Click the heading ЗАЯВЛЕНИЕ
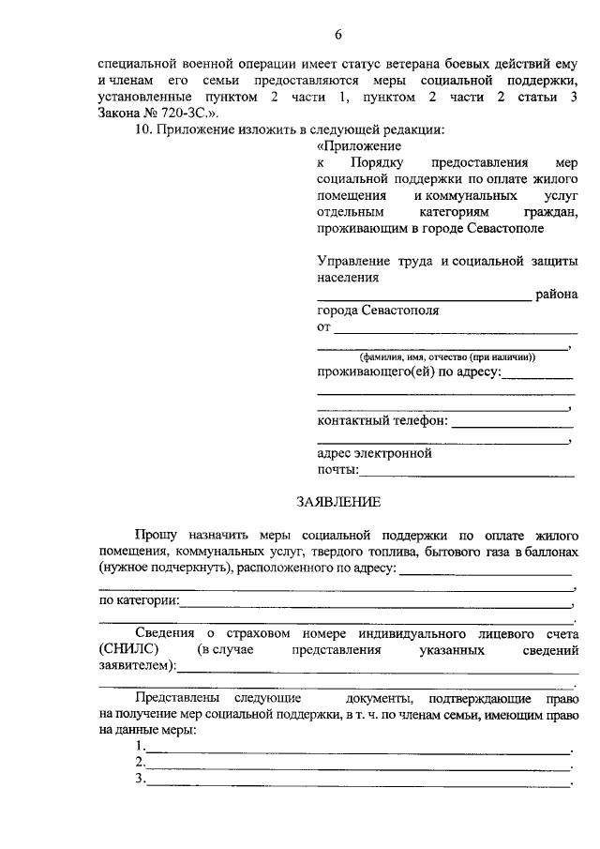pos(337,502)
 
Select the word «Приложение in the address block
pos(360,146)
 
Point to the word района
pos(557,295)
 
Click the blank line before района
pos(424,298)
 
